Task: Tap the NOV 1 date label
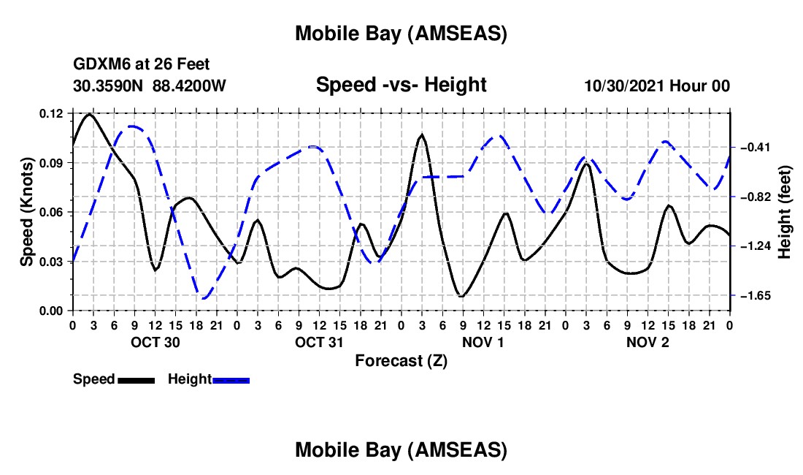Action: pos(483,342)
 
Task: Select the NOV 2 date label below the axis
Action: pos(648,342)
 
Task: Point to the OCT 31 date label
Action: pos(319,342)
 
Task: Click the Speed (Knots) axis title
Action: pos(27,212)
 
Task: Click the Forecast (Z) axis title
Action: pos(401,360)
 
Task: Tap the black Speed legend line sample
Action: pos(136,379)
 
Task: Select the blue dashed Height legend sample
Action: pos(231,379)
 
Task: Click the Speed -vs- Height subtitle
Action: pos(401,85)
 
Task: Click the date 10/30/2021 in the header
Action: pos(622,86)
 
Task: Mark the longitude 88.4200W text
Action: pos(189,86)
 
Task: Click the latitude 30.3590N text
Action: pos(109,86)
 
